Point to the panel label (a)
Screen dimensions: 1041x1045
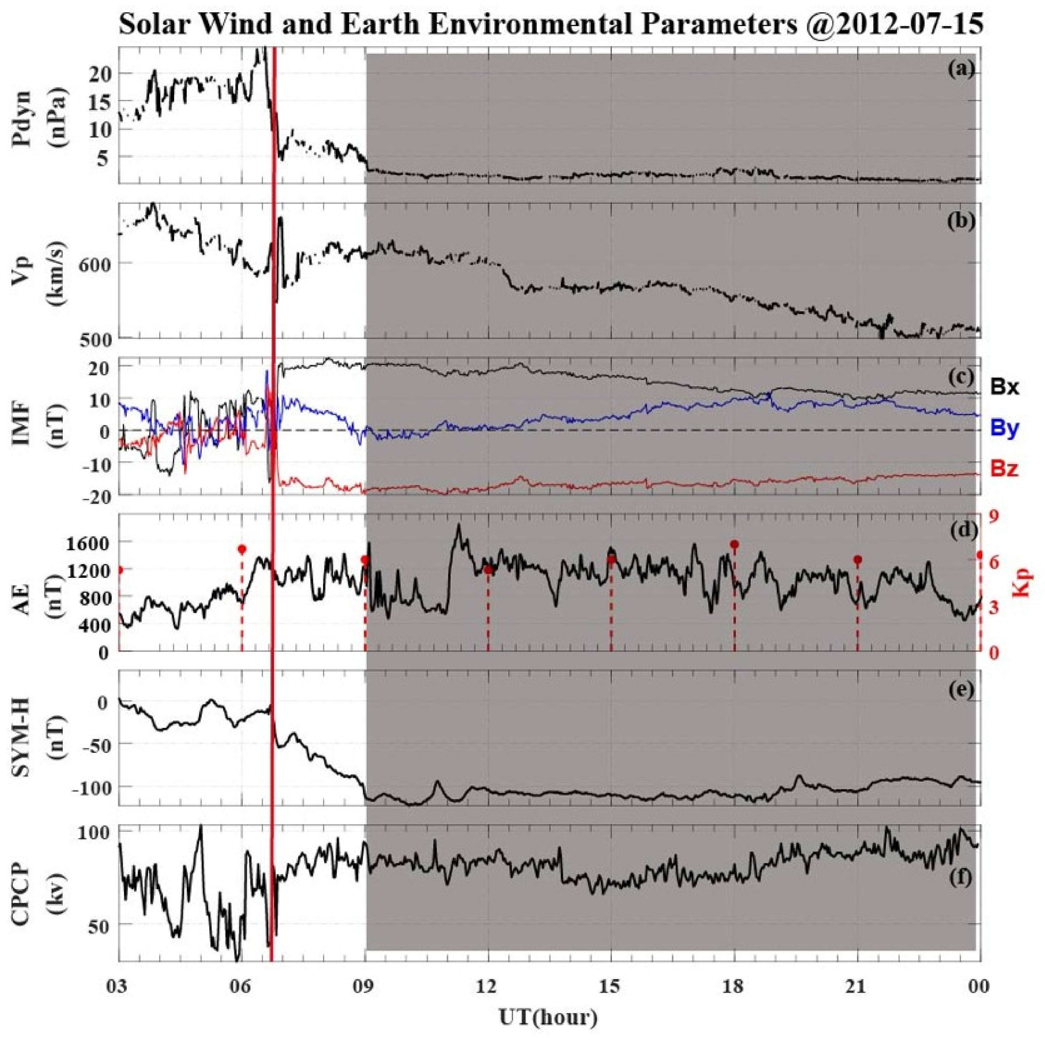960,69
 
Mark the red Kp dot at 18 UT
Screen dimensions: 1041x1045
735,544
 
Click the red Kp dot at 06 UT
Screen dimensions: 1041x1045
242,549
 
